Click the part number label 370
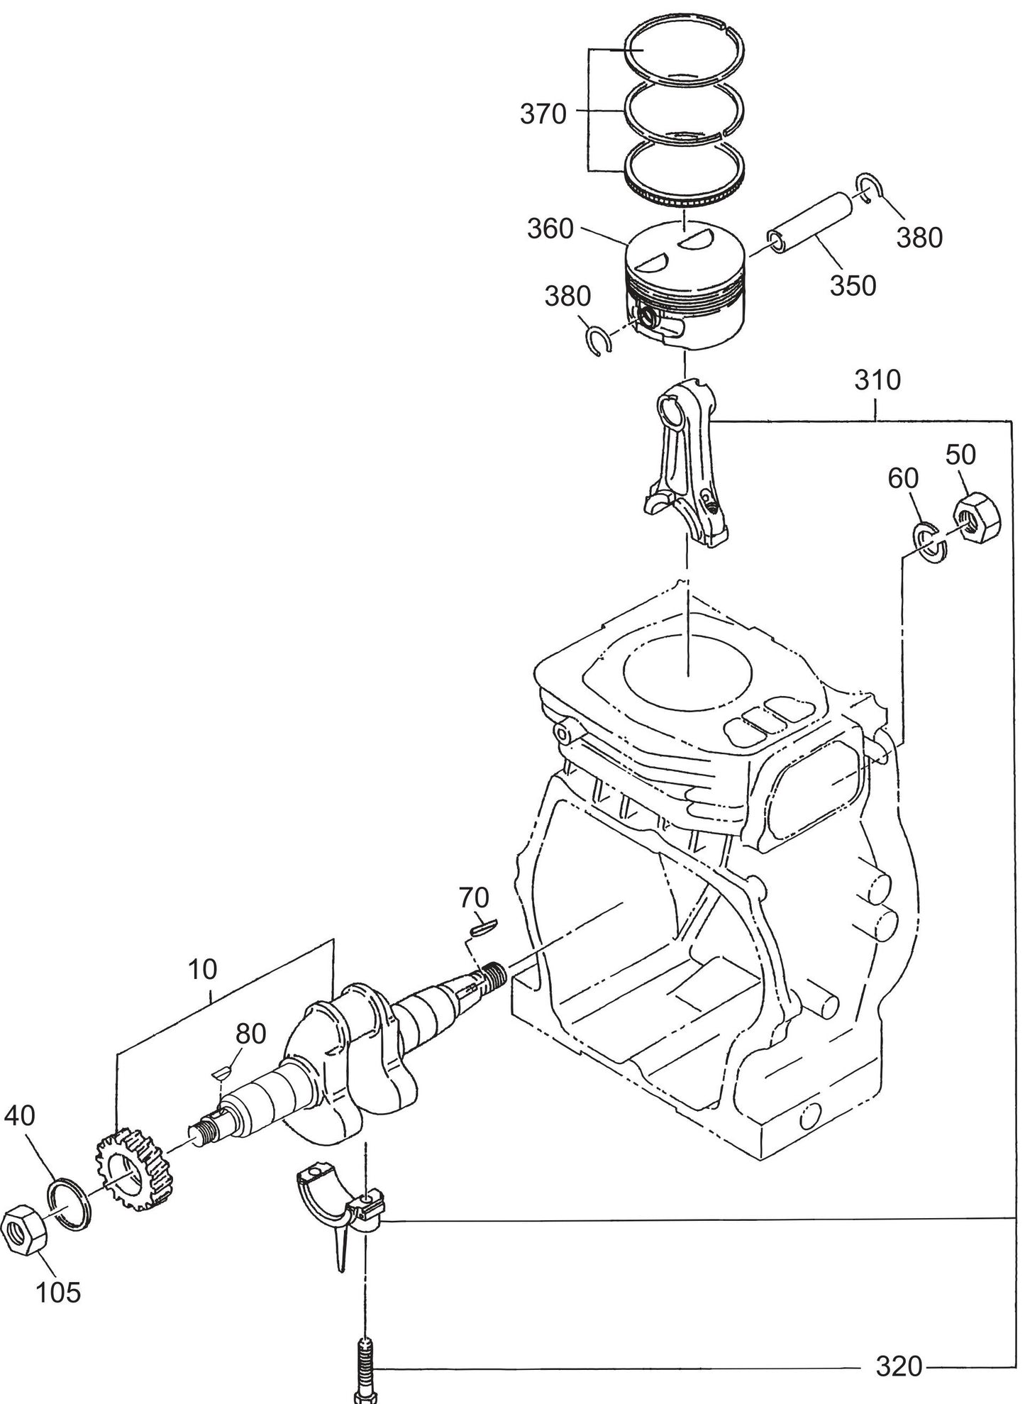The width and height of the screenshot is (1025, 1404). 543,114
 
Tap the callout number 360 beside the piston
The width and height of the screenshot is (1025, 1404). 550,228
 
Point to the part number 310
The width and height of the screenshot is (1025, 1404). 877,380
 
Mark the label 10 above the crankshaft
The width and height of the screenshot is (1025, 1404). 204,968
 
